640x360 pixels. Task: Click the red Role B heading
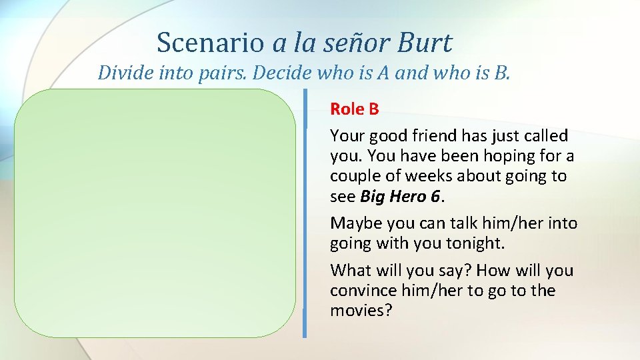pyautogui.click(x=354, y=109)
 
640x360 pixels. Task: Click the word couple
pyautogui.click(x=354, y=177)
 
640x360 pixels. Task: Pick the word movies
pyautogui.click(x=359, y=311)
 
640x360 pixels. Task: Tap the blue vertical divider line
pyautogui.click(x=305, y=213)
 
